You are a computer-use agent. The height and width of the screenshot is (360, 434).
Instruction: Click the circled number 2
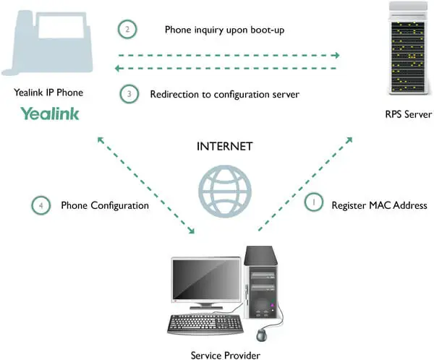(127, 29)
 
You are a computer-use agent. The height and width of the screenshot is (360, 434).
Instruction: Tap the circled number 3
(129, 94)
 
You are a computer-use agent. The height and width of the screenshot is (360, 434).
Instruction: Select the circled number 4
(41, 205)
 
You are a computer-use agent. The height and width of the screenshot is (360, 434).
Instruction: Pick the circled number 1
(314, 202)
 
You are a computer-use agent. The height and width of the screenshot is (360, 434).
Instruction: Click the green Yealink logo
(50, 113)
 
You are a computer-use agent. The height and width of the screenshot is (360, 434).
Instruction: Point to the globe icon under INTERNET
(225, 192)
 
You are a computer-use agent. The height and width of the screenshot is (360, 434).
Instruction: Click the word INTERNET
(224, 146)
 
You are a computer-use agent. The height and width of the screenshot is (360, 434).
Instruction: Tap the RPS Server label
(408, 114)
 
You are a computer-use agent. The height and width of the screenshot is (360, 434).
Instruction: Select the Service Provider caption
(225, 355)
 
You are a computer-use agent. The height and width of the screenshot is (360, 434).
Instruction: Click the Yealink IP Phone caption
(48, 93)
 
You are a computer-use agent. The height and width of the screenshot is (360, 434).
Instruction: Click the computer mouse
(262, 335)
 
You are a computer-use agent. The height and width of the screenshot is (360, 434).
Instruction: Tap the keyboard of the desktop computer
(205, 324)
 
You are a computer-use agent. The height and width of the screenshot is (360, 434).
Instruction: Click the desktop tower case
(260, 282)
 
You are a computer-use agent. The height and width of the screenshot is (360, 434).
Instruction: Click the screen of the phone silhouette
(61, 27)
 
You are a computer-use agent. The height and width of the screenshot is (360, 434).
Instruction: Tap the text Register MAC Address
(379, 205)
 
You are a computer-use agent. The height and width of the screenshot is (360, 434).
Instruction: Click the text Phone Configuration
(105, 205)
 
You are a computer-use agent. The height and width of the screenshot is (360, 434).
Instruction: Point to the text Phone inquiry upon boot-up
(224, 30)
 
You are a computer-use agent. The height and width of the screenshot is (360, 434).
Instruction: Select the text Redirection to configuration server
(224, 95)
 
